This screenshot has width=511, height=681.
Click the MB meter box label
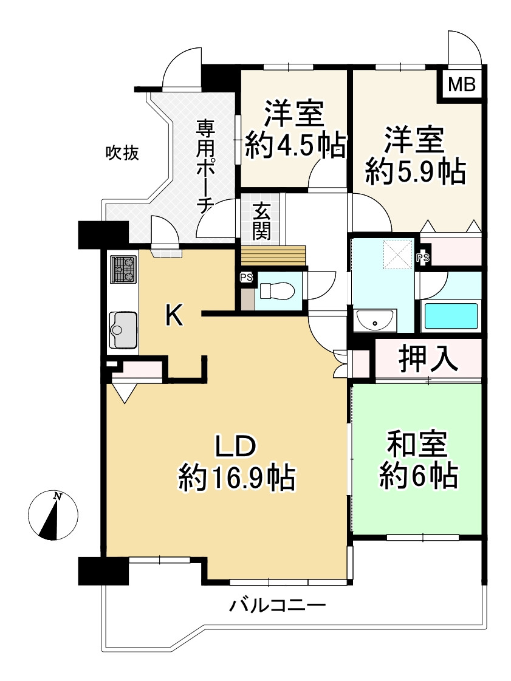(461, 85)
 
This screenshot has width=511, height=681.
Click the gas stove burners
(123, 269)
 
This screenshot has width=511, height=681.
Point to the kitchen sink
(123, 329)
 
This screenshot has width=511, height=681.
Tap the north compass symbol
(53, 515)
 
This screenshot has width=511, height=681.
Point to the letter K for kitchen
(174, 315)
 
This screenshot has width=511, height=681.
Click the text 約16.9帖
(236, 478)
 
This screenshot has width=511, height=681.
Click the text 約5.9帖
(416, 173)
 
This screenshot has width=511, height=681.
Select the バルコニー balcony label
(278, 606)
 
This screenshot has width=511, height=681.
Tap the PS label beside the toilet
(246, 278)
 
